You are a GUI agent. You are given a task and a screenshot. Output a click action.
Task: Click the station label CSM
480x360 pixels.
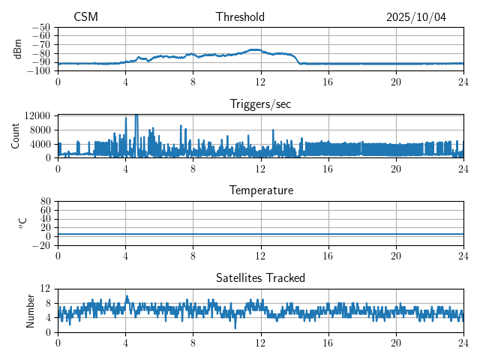85,17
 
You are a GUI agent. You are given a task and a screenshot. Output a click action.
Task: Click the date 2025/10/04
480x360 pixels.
416,17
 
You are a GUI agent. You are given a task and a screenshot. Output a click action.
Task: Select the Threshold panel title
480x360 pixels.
240,17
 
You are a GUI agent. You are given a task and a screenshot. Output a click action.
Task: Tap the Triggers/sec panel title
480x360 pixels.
260,104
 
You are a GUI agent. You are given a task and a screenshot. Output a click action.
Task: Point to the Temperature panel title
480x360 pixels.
260,190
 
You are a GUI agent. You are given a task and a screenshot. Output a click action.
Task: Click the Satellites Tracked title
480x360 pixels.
260,277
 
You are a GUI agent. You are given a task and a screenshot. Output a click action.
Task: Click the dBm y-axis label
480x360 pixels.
18,49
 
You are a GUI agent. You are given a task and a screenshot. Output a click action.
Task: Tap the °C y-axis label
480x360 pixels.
22,223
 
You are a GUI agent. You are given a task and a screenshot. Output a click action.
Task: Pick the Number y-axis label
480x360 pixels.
30,310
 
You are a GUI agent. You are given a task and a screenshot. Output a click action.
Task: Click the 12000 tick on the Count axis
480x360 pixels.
37,115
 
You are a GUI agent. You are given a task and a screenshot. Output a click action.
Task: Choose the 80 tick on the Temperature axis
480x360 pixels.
45,202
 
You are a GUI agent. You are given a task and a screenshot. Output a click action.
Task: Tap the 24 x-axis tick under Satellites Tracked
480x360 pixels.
463,340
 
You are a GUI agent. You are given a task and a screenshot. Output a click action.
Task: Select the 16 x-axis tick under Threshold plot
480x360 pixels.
328,81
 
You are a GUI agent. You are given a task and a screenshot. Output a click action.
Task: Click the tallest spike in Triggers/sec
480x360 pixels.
136,115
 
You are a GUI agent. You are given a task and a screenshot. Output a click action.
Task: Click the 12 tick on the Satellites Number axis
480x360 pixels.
45,289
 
